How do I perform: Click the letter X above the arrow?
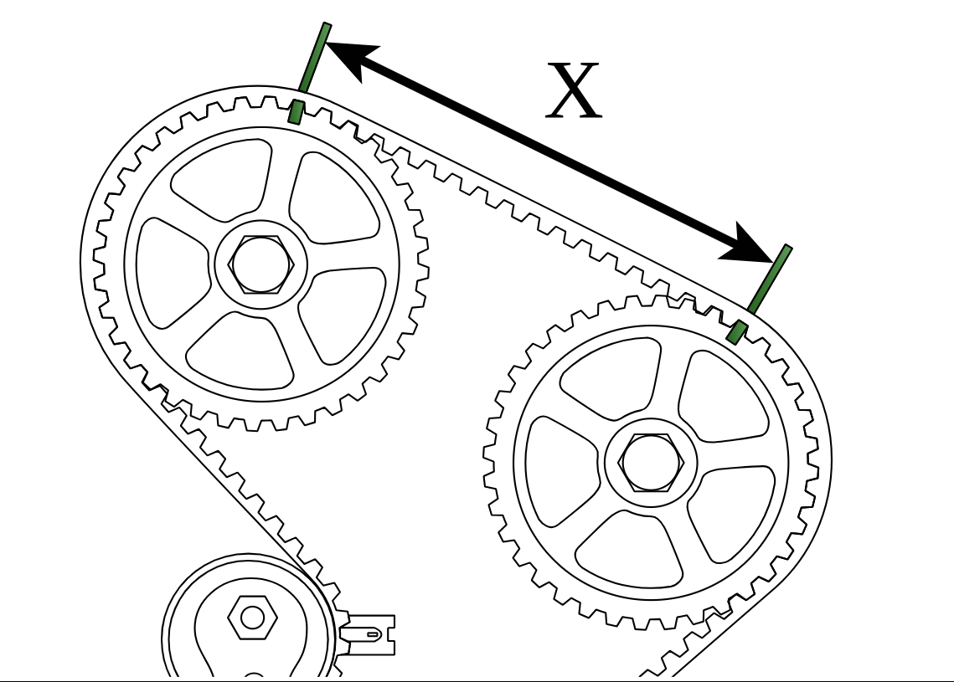click(x=574, y=91)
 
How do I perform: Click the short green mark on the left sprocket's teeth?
click(x=296, y=111)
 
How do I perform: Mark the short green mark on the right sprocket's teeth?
click(x=737, y=331)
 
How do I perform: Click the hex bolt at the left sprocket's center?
click(x=260, y=264)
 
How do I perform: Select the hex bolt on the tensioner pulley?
click(x=252, y=618)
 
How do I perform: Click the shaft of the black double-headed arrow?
click(x=549, y=151)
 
